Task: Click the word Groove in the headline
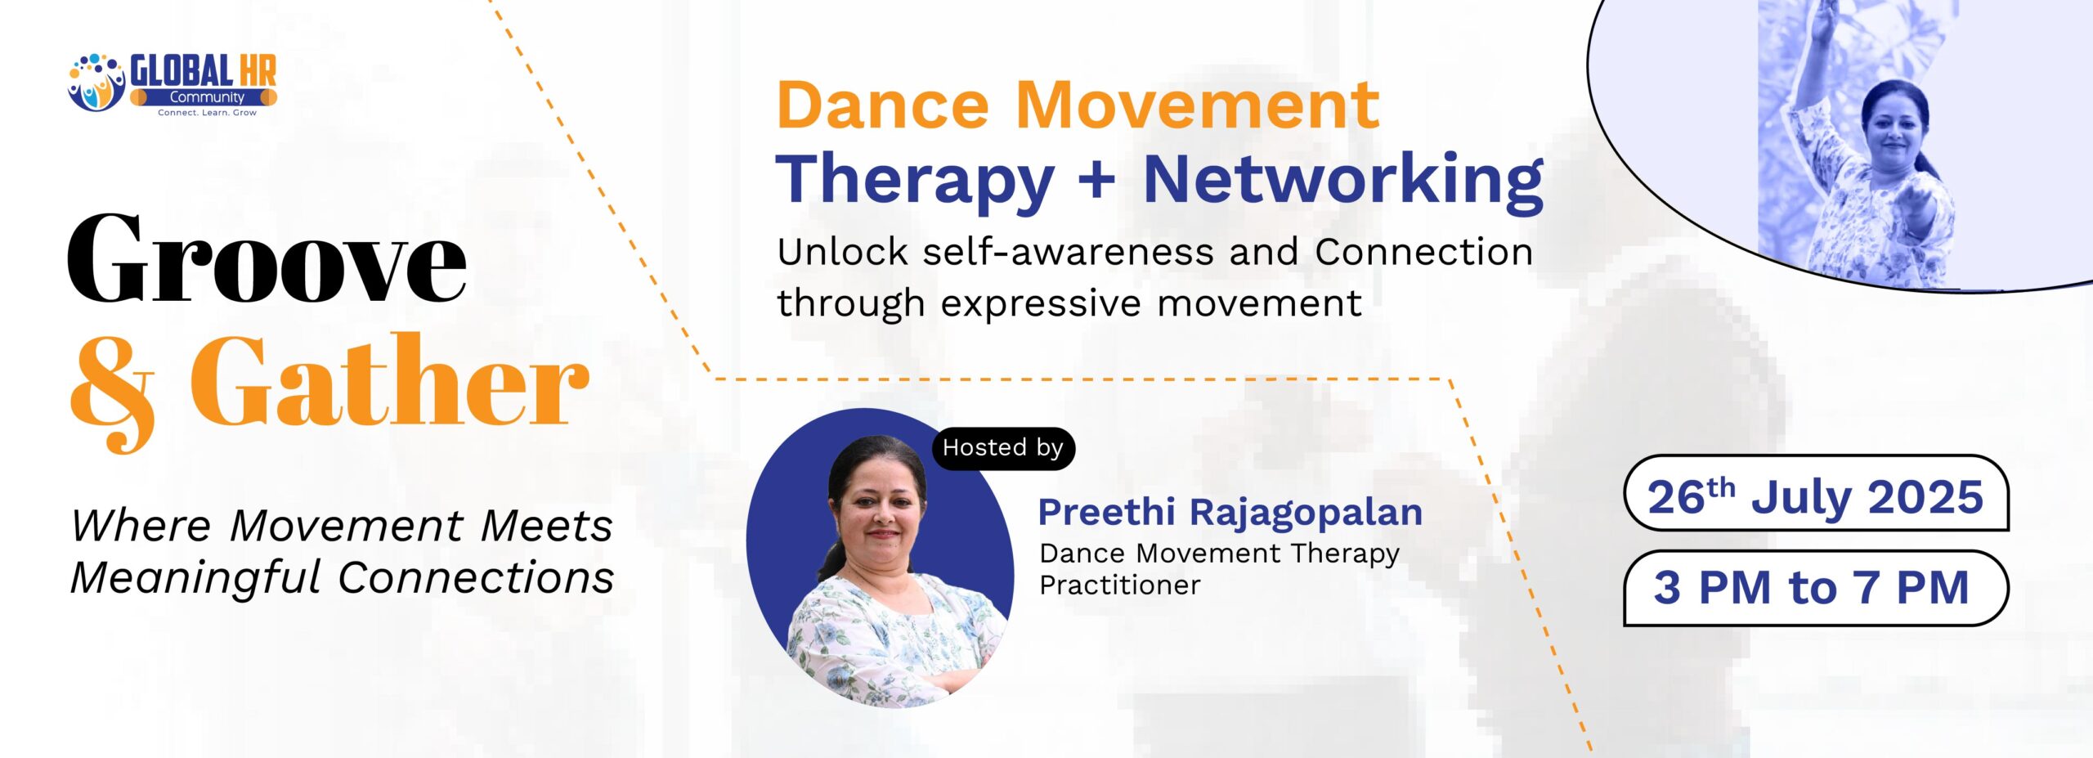click(267, 258)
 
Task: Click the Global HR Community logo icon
click(96, 83)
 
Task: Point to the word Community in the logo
click(207, 97)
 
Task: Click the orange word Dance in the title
click(883, 105)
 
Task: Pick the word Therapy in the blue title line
click(915, 182)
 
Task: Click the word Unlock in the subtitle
click(842, 252)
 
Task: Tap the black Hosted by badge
click(1003, 448)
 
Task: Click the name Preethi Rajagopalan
click(1230, 513)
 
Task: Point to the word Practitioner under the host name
click(1120, 585)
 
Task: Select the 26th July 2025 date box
click(1816, 493)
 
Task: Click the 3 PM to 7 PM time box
click(1816, 588)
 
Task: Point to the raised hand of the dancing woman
click(1822, 20)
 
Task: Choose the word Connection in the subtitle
click(1424, 252)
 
